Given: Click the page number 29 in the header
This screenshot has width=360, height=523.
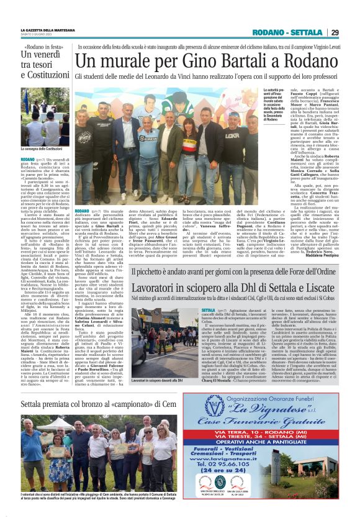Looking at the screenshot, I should pos(334,32).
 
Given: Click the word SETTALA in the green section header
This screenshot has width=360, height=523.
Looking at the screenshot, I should pos(306,33).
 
